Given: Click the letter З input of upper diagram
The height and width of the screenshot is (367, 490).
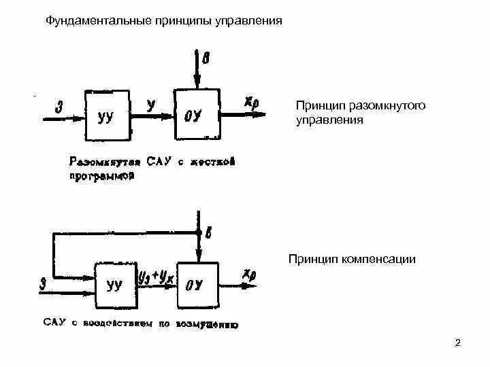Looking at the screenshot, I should pyautogui.click(x=59, y=106).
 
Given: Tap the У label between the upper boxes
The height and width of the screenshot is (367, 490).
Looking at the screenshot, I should pyautogui.click(x=151, y=104).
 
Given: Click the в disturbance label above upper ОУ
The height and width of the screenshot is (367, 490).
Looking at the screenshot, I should pyautogui.click(x=206, y=60).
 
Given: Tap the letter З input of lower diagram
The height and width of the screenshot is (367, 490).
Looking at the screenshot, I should pyautogui.click(x=44, y=280).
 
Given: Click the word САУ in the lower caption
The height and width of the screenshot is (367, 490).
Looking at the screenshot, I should pyautogui.click(x=55, y=324).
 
